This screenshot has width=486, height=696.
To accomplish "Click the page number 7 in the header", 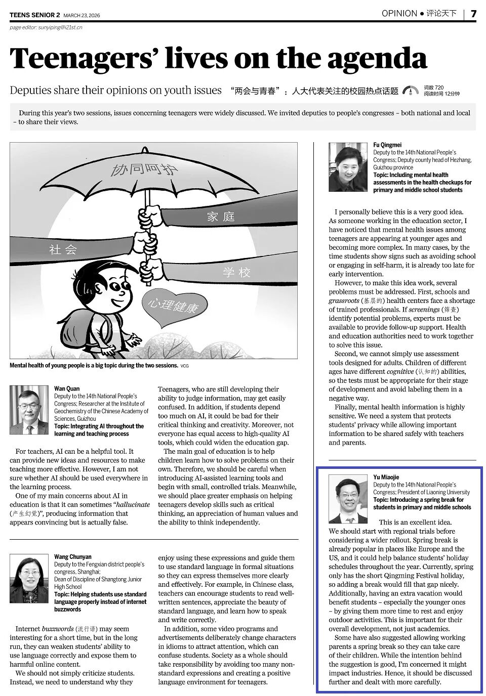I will point(473,14).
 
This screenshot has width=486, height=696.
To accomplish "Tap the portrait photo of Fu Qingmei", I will point(348,167).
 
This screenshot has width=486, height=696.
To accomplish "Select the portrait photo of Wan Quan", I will point(29,410).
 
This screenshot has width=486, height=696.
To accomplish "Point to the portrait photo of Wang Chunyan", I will point(29,579).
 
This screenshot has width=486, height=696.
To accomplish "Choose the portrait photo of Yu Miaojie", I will point(348,499).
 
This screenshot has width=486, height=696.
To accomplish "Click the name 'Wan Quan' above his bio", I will point(67,388).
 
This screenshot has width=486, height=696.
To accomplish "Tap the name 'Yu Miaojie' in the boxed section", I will point(386,477).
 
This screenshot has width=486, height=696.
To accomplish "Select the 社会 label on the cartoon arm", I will point(63,249).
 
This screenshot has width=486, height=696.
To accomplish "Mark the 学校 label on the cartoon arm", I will point(237,273).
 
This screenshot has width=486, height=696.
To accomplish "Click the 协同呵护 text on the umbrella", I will point(145,169).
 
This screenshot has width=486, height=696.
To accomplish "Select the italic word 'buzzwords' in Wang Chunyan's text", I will point(57,629).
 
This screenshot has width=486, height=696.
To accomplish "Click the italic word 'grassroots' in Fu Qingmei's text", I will point(344,300).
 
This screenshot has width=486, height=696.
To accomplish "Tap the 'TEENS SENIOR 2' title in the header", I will point(34,15).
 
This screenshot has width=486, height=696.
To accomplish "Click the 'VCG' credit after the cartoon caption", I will point(184,366).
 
